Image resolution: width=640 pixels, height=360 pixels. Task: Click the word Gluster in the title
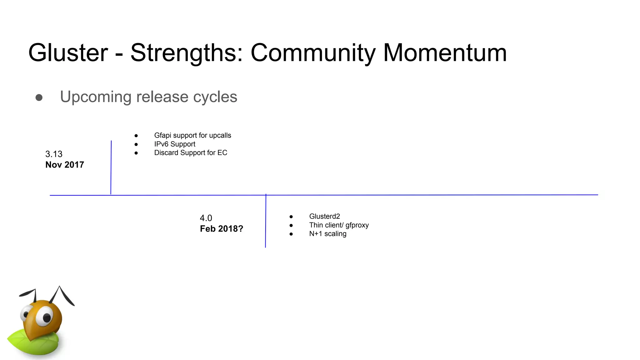pyautogui.click(x=68, y=52)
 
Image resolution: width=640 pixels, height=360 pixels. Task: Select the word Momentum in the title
pyautogui.click(x=445, y=52)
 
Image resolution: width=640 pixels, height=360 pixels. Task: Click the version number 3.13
pyautogui.click(x=54, y=154)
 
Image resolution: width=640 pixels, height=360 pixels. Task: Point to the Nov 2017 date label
pyautogui.click(x=65, y=165)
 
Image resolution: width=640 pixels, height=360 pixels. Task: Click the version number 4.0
pyautogui.click(x=206, y=218)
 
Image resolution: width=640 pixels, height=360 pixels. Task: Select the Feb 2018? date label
pyautogui.click(x=221, y=229)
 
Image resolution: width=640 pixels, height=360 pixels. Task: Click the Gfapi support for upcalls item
pyautogui.click(x=192, y=135)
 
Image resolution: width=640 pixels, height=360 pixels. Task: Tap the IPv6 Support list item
pyautogui.click(x=175, y=144)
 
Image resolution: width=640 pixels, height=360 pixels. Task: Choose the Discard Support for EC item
pyautogui.click(x=191, y=153)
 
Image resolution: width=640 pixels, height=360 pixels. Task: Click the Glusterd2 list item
pyautogui.click(x=324, y=216)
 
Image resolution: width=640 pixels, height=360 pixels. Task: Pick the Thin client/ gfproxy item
pyautogui.click(x=339, y=225)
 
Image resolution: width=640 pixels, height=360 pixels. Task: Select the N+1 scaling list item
pyautogui.click(x=327, y=234)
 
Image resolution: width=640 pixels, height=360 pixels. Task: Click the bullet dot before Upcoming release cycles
pyautogui.click(x=39, y=97)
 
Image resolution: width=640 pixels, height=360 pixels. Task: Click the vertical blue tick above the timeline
pyautogui.click(x=111, y=167)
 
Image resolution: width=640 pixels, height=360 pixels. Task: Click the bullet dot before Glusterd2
pyautogui.click(x=291, y=217)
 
